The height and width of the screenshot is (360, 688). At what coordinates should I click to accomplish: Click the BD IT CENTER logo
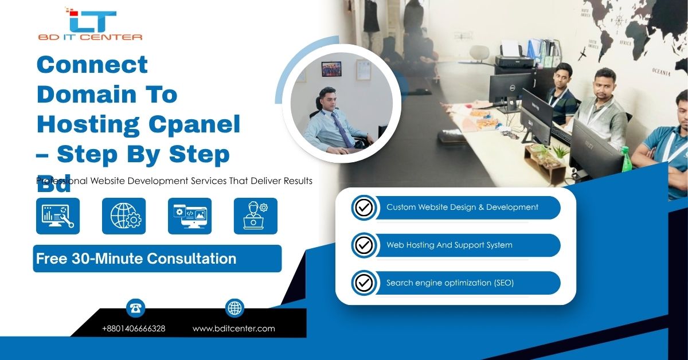[x=90, y=24]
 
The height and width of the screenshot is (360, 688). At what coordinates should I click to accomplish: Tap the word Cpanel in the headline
[x=196, y=124]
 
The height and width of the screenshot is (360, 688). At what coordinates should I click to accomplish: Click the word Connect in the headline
[x=92, y=64]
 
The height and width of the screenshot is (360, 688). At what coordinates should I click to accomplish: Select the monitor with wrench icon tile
[x=58, y=216]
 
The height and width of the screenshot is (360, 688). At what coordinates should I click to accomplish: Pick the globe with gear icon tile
[x=124, y=216]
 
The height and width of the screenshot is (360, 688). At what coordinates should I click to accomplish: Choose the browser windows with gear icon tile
[x=190, y=216]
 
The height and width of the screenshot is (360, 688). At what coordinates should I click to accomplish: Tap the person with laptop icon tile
[x=256, y=216]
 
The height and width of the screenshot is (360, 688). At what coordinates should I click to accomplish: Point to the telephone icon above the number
[x=136, y=308]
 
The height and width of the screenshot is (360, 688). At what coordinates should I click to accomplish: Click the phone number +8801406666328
[x=134, y=328]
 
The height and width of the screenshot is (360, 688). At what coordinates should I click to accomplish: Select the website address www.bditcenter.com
[x=233, y=328]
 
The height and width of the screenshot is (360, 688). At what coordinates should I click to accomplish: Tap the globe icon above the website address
[x=234, y=308]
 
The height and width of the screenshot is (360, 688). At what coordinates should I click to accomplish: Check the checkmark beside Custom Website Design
[x=363, y=208]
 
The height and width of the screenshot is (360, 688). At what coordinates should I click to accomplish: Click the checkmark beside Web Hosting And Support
[x=363, y=245]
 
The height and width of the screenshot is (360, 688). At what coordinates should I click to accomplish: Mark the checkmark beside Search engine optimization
[x=363, y=283]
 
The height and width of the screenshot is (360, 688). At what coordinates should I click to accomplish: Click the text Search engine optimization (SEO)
[x=450, y=283]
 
